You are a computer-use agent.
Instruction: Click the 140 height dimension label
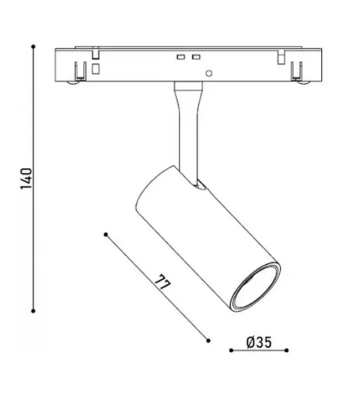click(26, 178)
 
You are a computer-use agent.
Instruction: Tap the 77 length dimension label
click(163, 283)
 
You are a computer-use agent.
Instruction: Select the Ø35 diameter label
click(259, 343)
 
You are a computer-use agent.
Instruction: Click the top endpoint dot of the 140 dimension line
click(33, 47)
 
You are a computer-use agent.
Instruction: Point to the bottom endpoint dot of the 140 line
click(33, 311)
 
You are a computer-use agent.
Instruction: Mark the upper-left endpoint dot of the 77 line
click(106, 235)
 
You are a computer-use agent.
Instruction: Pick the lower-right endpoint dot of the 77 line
click(209, 340)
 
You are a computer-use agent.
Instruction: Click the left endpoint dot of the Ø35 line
click(232, 350)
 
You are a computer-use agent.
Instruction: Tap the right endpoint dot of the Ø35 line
click(287, 350)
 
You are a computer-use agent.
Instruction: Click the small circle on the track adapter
click(209, 73)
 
